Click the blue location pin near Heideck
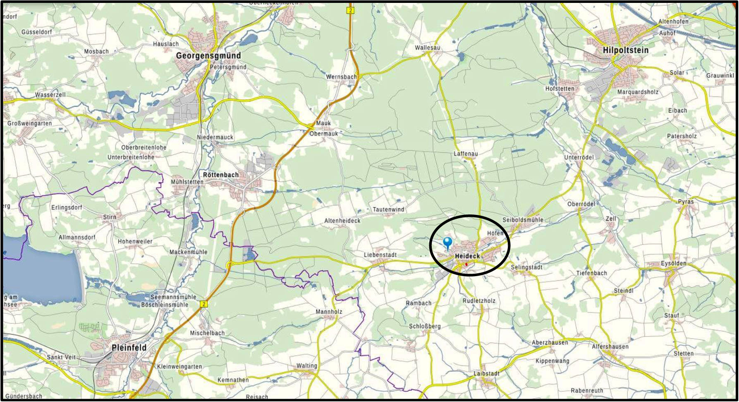(447, 243)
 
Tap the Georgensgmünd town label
(208, 56)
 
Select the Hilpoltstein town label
(625, 50)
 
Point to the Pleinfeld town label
(129, 348)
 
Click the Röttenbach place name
(221, 175)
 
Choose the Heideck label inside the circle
(467, 256)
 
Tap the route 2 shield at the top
(350, 10)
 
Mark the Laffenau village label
(466, 154)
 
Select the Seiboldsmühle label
(523, 220)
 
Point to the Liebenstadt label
(380, 255)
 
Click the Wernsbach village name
(341, 77)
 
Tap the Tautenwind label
(388, 209)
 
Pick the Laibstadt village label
(486, 373)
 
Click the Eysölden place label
(673, 263)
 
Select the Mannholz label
(329, 312)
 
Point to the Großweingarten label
(30, 123)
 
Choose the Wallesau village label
(428, 48)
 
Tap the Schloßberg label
(425, 326)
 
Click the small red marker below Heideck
(466, 264)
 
